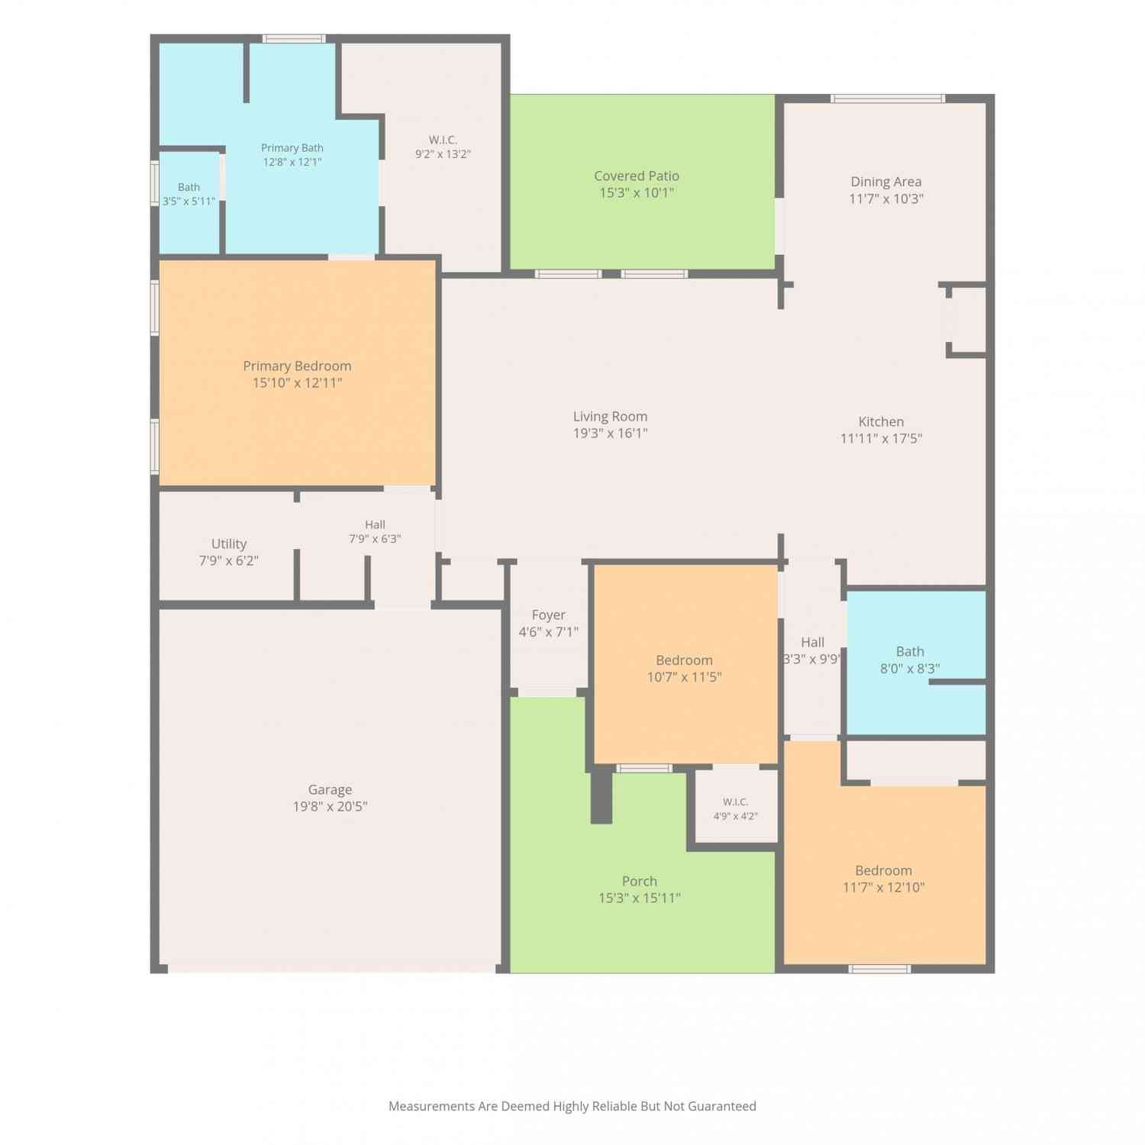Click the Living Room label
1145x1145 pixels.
(610, 417)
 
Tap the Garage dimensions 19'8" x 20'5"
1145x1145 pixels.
(330, 807)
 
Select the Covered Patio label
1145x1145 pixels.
(637, 176)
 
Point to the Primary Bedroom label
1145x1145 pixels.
(297, 366)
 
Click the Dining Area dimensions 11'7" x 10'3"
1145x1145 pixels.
(886, 199)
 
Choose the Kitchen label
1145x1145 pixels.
(881, 421)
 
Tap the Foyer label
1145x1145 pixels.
(548, 615)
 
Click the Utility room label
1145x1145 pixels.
(229, 544)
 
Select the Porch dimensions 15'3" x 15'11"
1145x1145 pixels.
(640, 898)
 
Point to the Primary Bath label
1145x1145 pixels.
(292, 148)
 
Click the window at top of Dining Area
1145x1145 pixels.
(888, 98)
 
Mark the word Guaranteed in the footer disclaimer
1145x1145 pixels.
(722, 1106)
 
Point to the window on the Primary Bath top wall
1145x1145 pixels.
(294, 39)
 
